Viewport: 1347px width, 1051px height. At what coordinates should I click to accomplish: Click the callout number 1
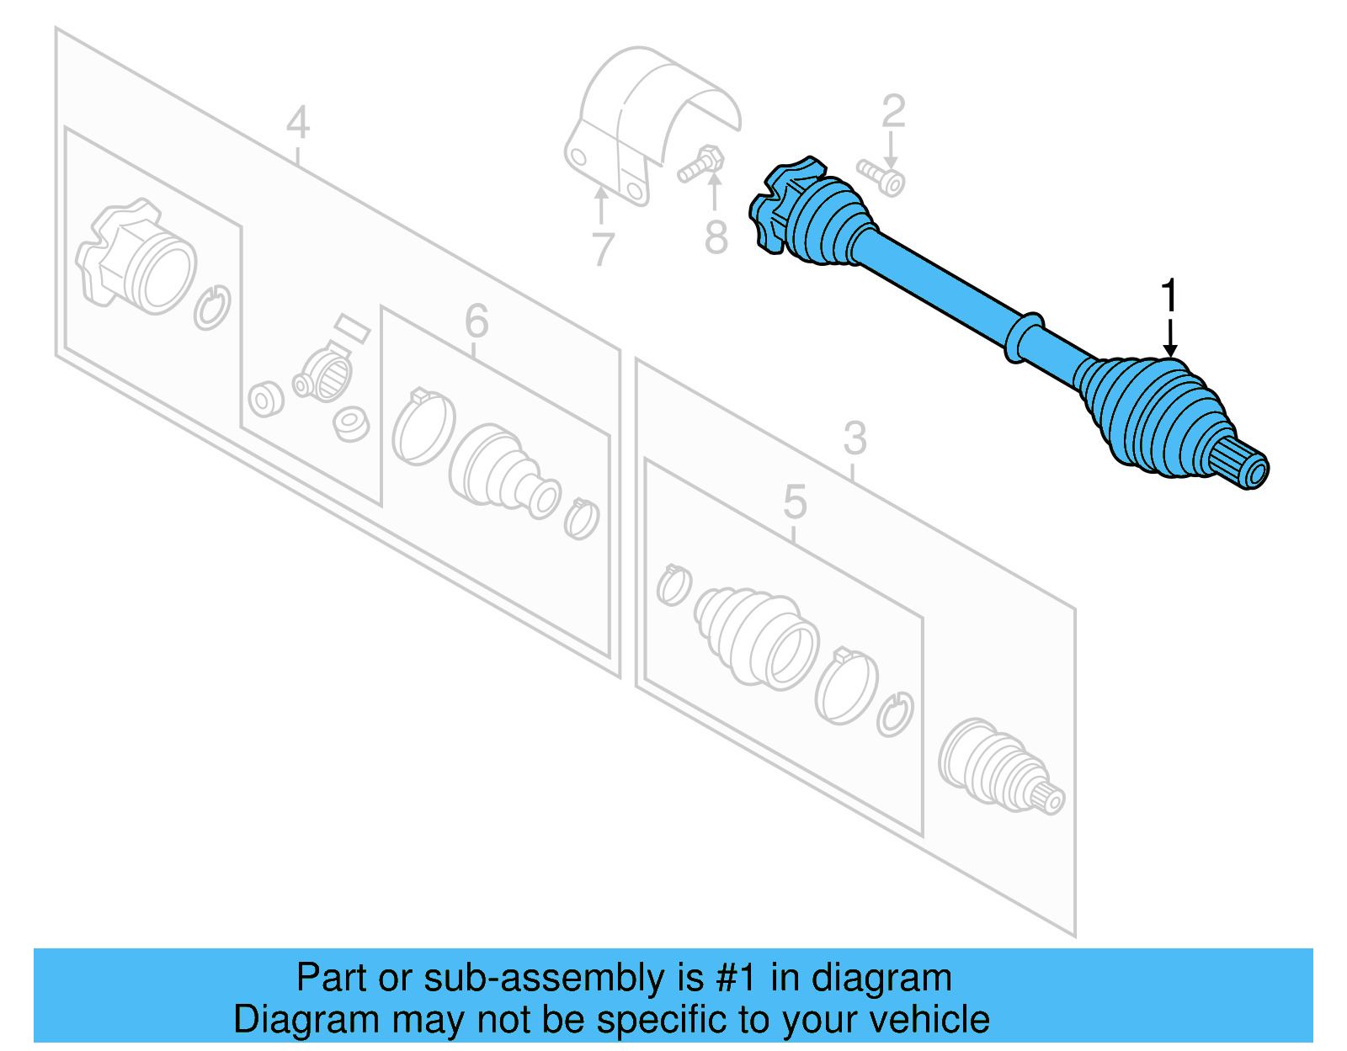point(1169,296)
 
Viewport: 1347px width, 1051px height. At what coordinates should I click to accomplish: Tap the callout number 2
point(893,112)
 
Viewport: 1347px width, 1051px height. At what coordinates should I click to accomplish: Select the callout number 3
point(855,438)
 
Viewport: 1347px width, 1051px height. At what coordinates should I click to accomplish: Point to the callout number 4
point(298,123)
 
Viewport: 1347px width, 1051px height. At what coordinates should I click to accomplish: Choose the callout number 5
point(795,502)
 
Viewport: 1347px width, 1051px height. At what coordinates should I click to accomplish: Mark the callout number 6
point(477,321)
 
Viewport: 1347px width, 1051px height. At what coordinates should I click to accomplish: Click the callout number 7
point(602,249)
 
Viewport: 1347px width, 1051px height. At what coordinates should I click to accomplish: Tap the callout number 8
point(716,237)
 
